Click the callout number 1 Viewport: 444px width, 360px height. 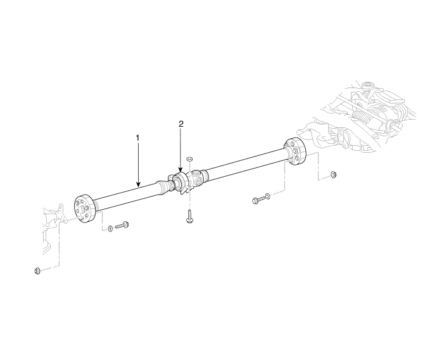(x=137, y=138)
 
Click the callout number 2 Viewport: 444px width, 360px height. (x=181, y=124)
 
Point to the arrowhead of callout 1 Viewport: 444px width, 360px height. (x=138, y=184)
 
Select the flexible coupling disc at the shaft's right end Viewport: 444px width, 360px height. (x=295, y=151)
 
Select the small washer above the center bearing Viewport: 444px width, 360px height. (x=189, y=158)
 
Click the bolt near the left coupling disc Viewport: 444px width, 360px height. (x=122, y=226)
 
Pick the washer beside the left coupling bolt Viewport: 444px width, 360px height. (x=110, y=228)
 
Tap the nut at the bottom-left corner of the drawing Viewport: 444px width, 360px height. (x=37, y=271)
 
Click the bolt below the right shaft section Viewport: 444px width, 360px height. (x=257, y=200)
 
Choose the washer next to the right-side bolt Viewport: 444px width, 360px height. (x=267, y=195)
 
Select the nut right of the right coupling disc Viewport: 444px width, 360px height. (x=333, y=175)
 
